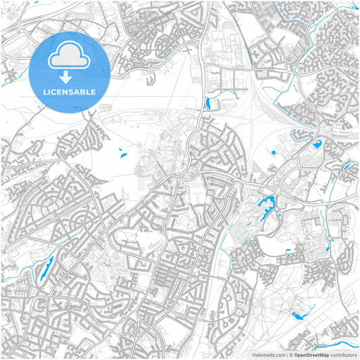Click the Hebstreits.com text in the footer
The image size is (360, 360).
(x=267, y=355)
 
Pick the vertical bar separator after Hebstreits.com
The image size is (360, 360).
(x=286, y=355)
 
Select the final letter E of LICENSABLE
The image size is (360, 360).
(x=93, y=91)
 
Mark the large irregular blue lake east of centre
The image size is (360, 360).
(x=265, y=202)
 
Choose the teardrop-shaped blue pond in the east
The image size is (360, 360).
(x=317, y=143)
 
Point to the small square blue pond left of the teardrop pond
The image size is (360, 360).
(x=274, y=153)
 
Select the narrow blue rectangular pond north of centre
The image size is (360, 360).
(x=207, y=103)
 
